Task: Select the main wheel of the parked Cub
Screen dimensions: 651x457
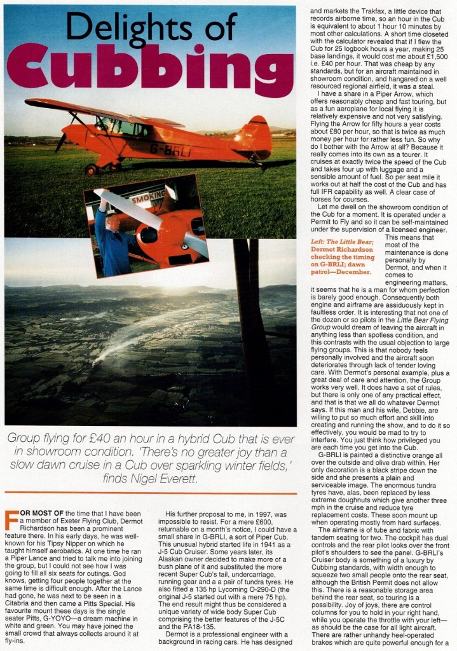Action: (x=92, y=170)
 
